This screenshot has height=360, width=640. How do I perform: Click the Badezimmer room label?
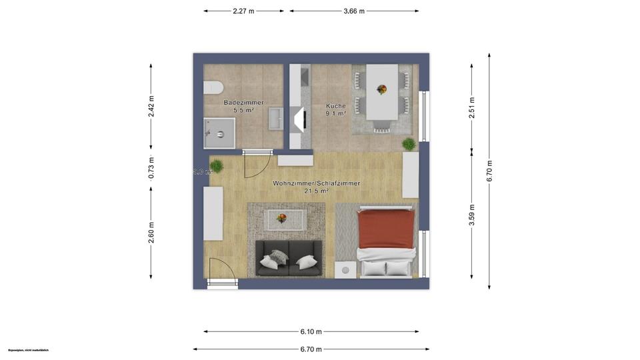(x=243, y=103)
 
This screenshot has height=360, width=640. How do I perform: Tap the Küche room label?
(x=335, y=106)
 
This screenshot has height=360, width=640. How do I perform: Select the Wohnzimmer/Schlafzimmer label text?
(x=317, y=183)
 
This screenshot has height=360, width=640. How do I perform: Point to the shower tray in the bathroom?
(x=219, y=133)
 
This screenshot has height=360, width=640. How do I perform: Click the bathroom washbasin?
(x=274, y=121)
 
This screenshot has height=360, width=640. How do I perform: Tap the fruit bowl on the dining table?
(x=382, y=89)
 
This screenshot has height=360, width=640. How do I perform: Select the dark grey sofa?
(x=289, y=258)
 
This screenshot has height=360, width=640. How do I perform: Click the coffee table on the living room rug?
(x=285, y=218)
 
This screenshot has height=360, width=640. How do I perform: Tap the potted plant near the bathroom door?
(x=217, y=166)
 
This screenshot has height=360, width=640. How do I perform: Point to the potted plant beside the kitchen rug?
(x=409, y=144)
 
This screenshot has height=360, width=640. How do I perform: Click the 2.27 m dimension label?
(x=243, y=11)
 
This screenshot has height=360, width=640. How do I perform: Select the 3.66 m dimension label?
(x=354, y=11)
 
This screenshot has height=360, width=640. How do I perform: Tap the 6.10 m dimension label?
(x=311, y=331)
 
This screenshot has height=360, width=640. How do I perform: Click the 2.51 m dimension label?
(x=472, y=108)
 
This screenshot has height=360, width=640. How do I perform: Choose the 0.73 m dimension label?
(x=151, y=168)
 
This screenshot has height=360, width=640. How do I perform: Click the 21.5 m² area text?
(x=317, y=191)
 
